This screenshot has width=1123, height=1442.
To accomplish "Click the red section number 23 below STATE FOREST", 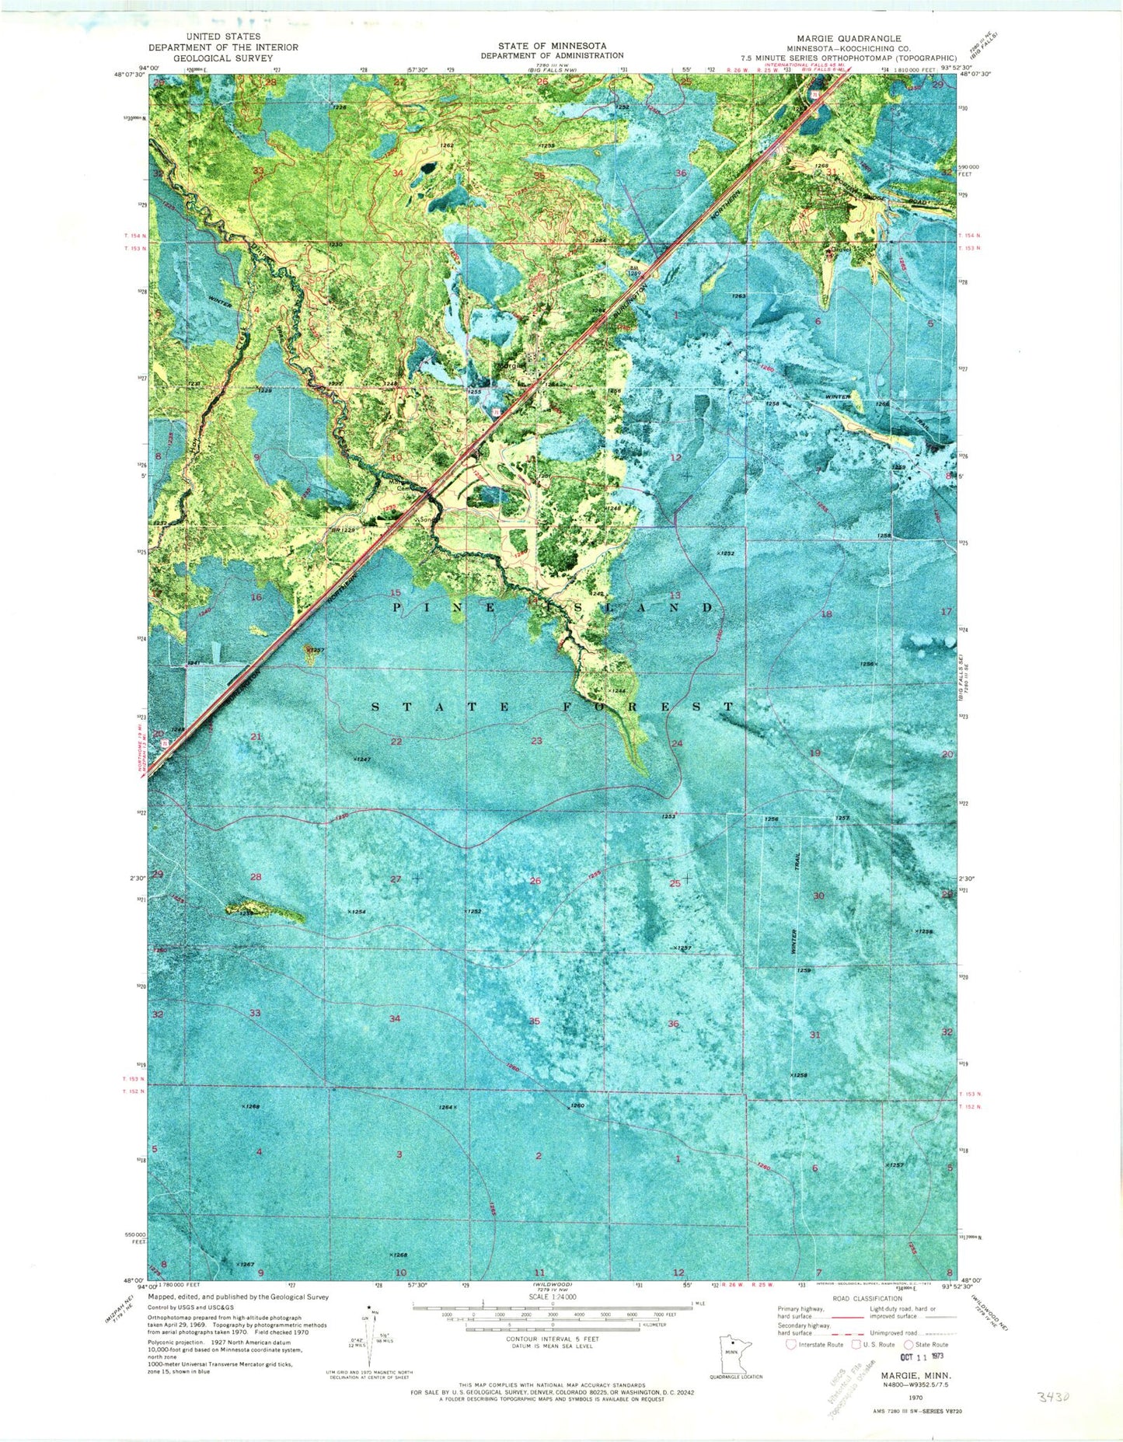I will coord(536,741).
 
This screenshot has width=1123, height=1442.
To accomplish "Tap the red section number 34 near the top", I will coord(399,173).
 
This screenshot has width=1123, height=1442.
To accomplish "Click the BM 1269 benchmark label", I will coord(635,269).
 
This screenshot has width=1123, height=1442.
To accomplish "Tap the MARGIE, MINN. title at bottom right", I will coord(912,1374).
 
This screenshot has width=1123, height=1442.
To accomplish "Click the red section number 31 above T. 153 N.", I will coord(814,1035).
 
